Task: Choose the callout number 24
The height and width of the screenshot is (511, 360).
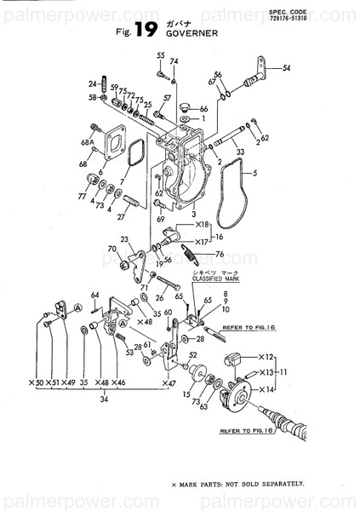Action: tap(93, 83)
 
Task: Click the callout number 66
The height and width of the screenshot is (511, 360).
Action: tap(203, 109)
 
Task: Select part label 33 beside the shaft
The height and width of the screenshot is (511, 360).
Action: tap(241, 152)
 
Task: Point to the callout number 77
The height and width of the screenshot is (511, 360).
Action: tap(83, 195)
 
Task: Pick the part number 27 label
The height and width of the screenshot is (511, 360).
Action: tap(121, 216)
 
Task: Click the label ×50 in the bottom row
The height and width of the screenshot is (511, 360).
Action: tap(35, 384)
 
